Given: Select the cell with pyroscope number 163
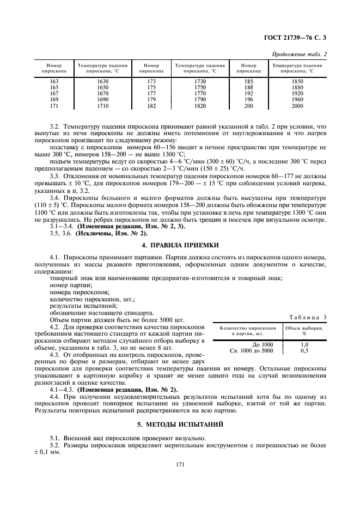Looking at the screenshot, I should tap(54, 81).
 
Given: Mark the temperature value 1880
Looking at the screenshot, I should tap(297, 87).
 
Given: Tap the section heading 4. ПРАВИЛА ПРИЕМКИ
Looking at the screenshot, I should tap(180, 245).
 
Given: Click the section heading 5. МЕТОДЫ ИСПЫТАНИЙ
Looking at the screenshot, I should tap(180, 423).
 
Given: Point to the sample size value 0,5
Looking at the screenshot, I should tap(304, 350).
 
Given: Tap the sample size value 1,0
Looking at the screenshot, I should tap(304, 344).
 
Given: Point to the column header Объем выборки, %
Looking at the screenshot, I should tap(304, 331).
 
